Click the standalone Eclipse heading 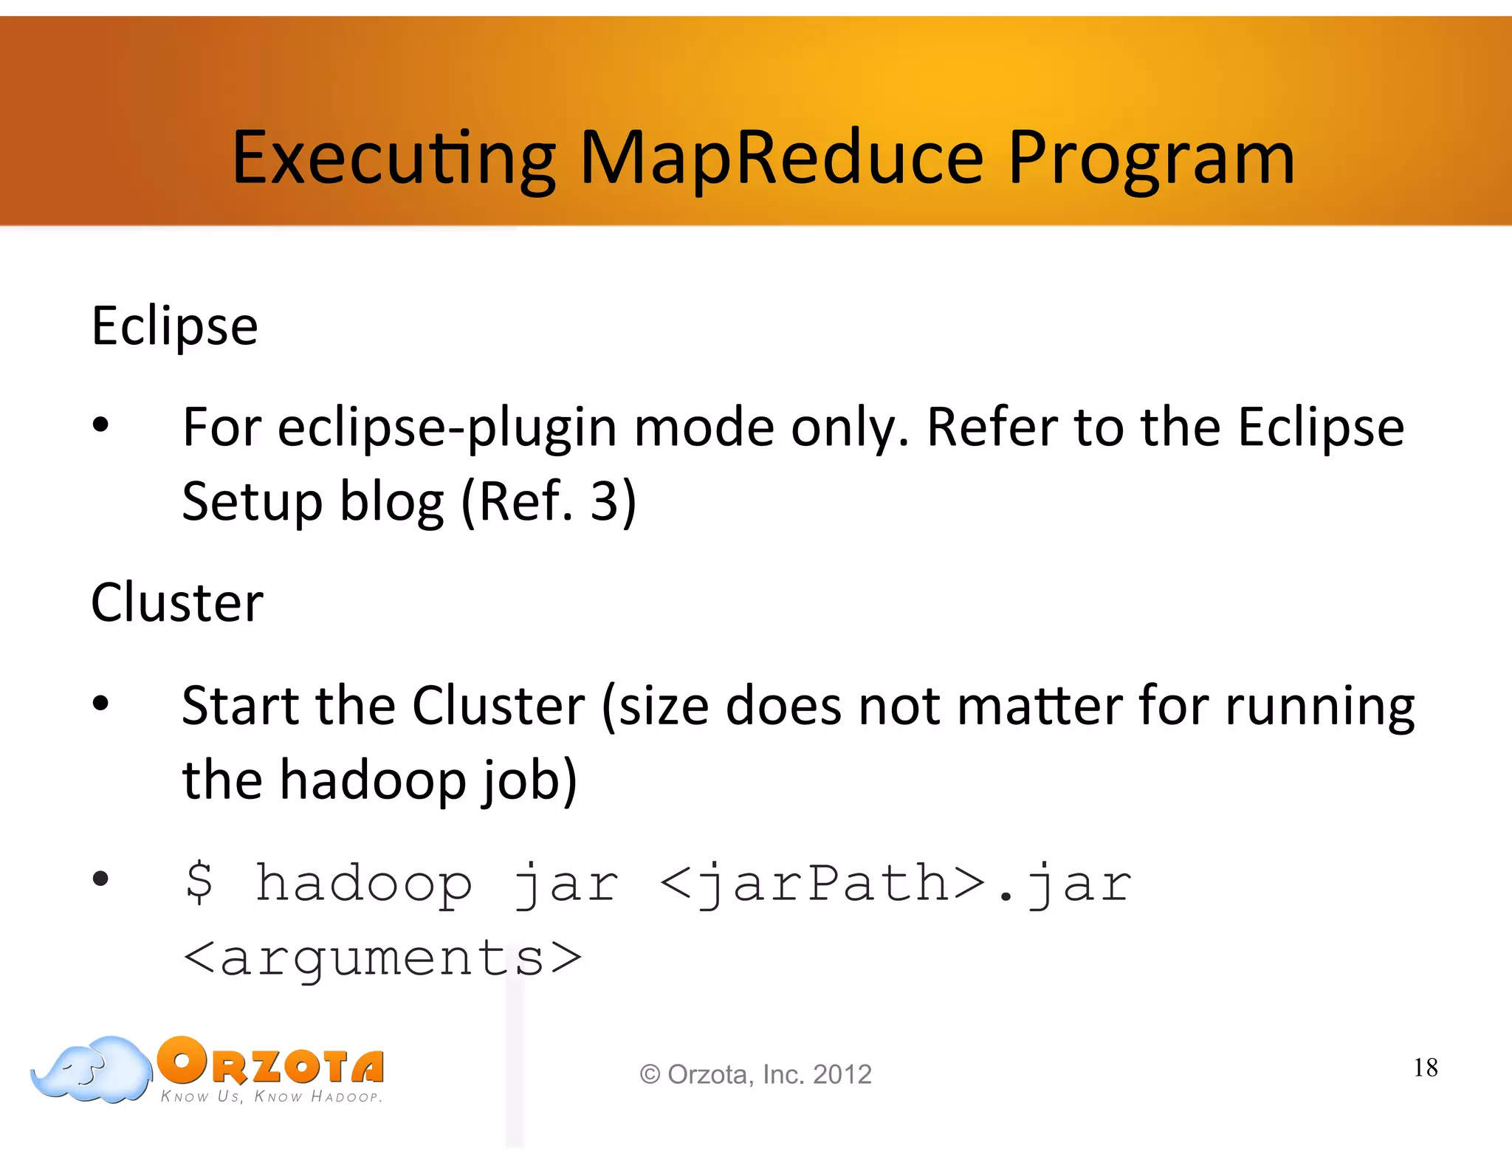[x=174, y=326]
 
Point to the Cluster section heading [x=176, y=602]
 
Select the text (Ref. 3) [x=549, y=501]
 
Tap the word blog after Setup [x=391, y=501]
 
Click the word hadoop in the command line [x=363, y=883]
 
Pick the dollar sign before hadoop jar [x=199, y=883]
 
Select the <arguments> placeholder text [x=382, y=958]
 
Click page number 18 [x=1425, y=1068]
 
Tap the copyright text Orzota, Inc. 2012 [x=756, y=1074]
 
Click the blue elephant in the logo [x=92, y=1071]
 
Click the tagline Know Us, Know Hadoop [x=271, y=1097]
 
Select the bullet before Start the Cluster [x=100, y=703]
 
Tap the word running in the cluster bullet [x=1319, y=707]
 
